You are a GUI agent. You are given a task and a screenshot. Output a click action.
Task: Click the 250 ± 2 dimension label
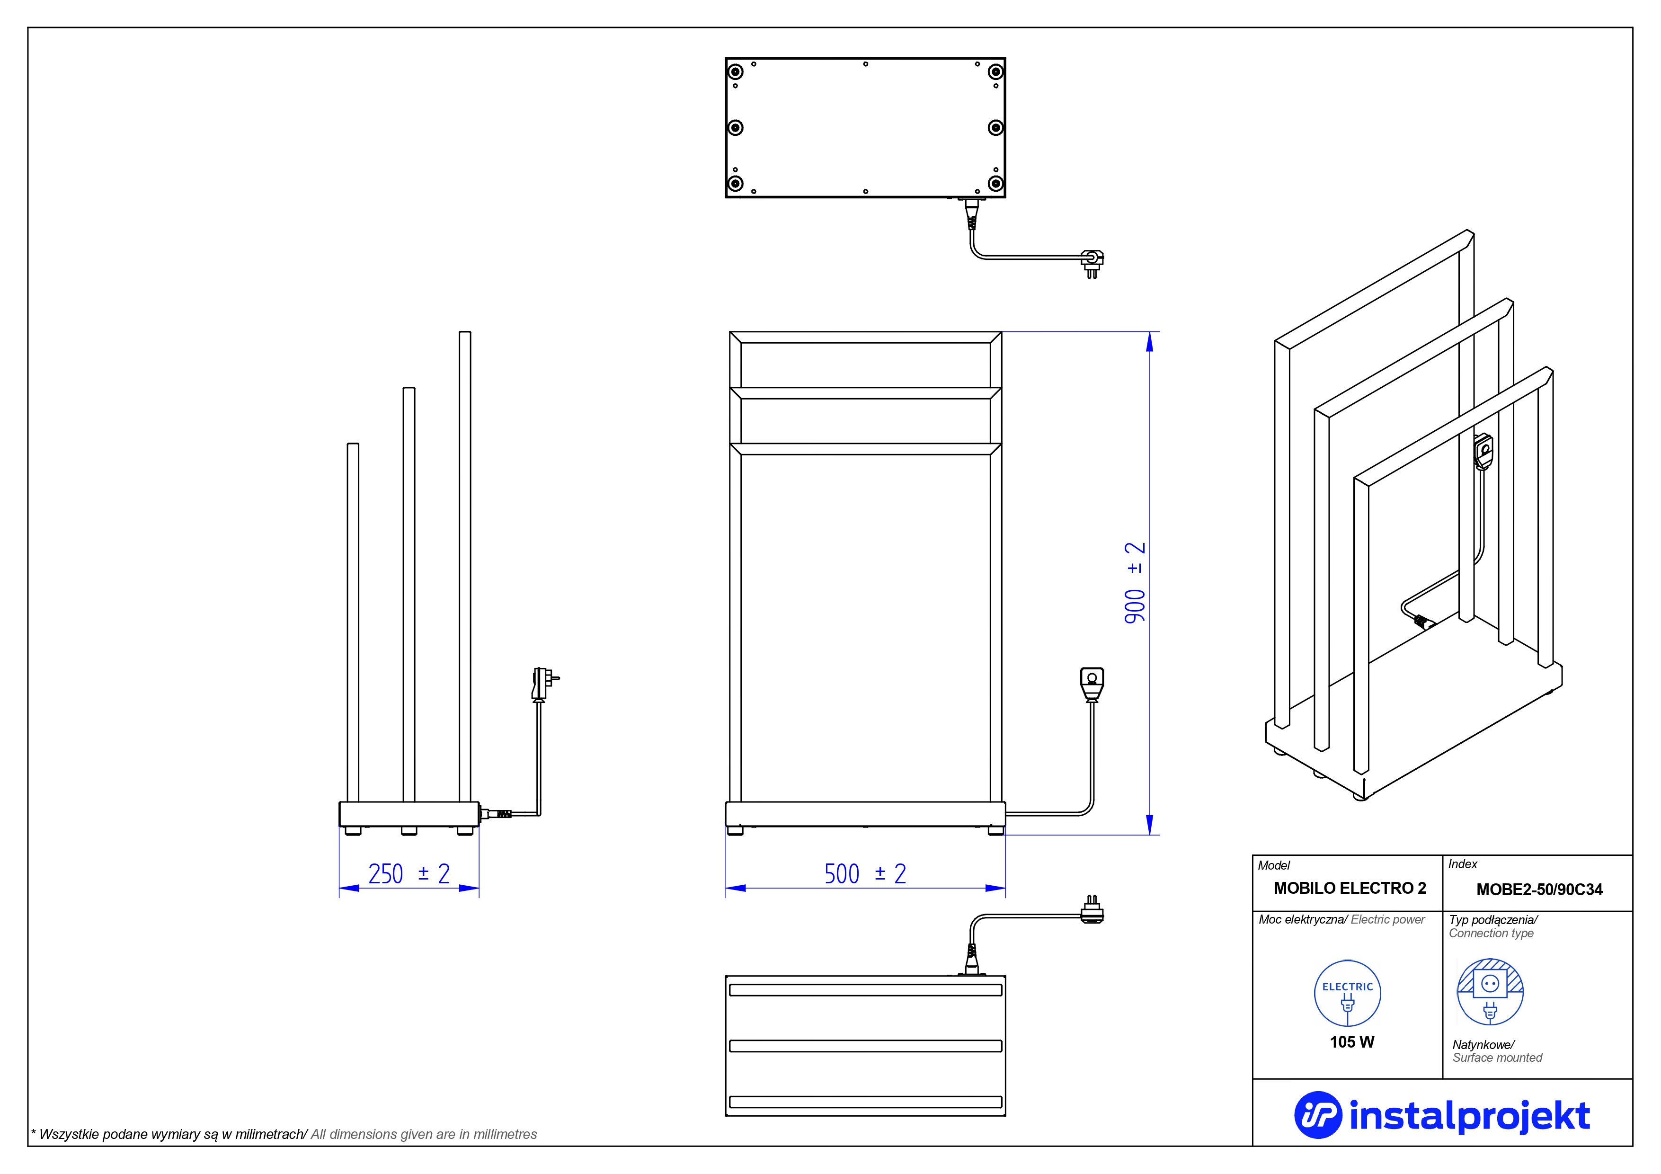pos(409,874)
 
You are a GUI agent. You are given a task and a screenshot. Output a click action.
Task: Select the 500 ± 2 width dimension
pos(864,874)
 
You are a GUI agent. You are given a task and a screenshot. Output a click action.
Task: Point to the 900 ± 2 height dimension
pos(1134,582)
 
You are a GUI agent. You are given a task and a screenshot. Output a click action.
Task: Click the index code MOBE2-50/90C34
pos(1539,889)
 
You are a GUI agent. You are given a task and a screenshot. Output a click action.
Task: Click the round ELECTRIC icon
pos(1347,993)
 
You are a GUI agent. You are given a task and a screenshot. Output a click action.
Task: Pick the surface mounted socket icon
pos(1490,992)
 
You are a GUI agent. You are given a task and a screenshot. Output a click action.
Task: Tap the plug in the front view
pos(1092,684)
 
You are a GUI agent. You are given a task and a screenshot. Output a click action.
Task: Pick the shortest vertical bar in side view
pos(353,622)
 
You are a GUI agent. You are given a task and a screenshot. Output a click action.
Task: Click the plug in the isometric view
pos(1483,451)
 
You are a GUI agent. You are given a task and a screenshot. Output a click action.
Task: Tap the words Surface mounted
pos(1497,1058)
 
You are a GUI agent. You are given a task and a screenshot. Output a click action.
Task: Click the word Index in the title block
pos(1462,864)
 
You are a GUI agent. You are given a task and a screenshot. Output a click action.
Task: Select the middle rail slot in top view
pos(865,1046)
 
